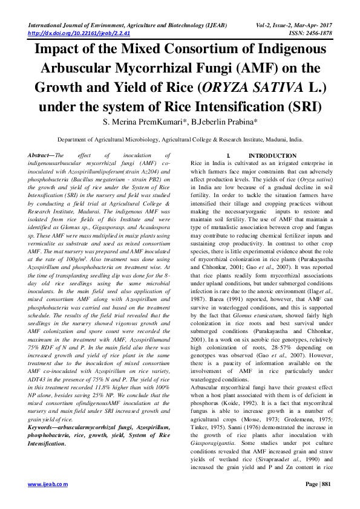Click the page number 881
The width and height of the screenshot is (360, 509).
pos(326,484)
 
